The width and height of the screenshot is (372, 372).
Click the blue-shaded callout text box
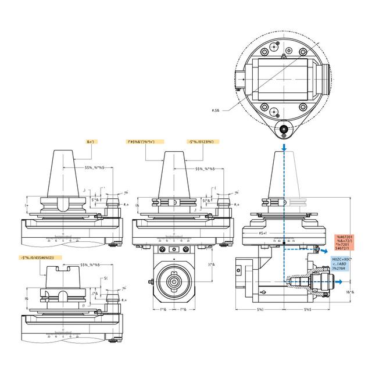click(x=345, y=264)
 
